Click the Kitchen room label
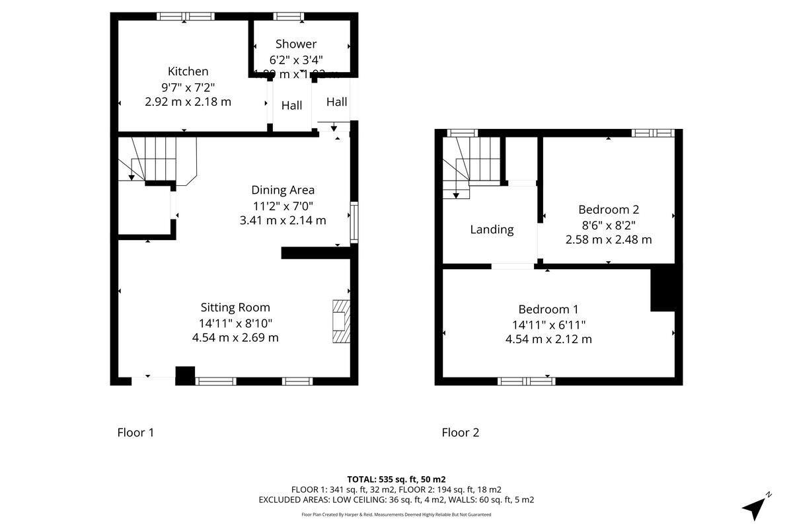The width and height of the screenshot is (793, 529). click(x=188, y=71)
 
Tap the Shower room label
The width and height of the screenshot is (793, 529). click(x=296, y=44)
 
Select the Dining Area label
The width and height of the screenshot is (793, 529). click(x=283, y=190)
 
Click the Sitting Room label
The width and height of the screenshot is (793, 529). click(x=235, y=307)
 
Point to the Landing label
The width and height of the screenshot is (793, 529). click(x=492, y=229)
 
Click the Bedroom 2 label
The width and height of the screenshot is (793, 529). click(x=609, y=210)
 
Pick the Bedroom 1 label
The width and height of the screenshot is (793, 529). click(x=548, y=309)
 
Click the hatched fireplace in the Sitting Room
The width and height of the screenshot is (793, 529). click(x=340, y=321)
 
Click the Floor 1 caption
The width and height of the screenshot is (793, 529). click(x=135, y=432)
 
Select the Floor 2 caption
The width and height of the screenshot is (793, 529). click(x=460, y=432)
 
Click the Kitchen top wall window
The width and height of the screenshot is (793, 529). click(x=186, y=17)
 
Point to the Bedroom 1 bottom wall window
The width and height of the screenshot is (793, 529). click(x=527, y=381)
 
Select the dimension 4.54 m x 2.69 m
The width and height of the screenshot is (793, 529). click(x=235, y=337)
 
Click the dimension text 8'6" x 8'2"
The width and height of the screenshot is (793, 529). click(x=609, y=225)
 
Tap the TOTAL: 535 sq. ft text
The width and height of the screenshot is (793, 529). click(x=397, y=479)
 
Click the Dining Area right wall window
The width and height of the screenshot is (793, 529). click(x=354, y=222)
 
